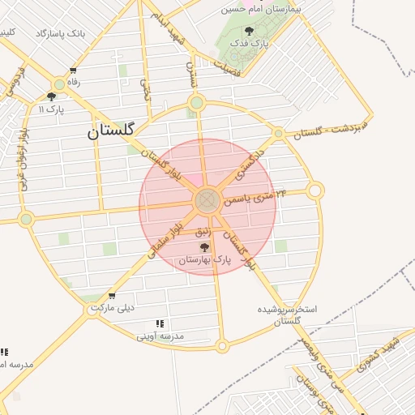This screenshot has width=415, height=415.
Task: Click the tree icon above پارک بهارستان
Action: point(203,247)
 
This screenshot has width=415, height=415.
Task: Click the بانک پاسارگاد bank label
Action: point(61,33)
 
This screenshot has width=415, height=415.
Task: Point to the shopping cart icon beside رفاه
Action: point(74,71)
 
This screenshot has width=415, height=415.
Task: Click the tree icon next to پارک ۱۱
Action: point(52,96)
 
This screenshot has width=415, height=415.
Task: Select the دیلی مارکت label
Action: point(113,309)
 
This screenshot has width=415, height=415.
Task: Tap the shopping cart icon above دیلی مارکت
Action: point(111,296)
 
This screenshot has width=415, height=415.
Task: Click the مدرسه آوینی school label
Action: point(160,335)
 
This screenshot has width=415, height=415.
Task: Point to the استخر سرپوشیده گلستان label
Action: point(288,315)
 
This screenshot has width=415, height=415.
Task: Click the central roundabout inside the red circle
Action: point(206,199)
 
